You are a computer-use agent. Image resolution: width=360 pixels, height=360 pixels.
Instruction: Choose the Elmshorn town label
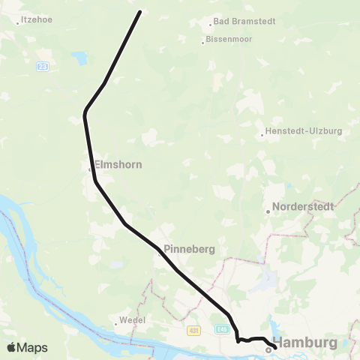(117, 163)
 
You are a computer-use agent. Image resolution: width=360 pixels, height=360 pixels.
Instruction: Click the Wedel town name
(132, 320)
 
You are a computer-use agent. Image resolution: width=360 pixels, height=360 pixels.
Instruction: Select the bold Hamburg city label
(310, 343)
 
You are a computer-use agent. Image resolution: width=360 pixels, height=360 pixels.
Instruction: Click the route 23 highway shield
(43, 67)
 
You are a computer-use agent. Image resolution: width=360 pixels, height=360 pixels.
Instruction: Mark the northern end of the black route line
(140, 12)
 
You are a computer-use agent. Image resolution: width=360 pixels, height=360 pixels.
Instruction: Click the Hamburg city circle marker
(268, 349)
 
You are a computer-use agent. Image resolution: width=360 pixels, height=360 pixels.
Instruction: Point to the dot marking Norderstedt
(268, 211)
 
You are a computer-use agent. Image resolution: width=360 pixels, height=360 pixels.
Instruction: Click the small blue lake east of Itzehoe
(77, 58)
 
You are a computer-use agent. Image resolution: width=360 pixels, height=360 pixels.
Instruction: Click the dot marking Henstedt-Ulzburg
(261, 136)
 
